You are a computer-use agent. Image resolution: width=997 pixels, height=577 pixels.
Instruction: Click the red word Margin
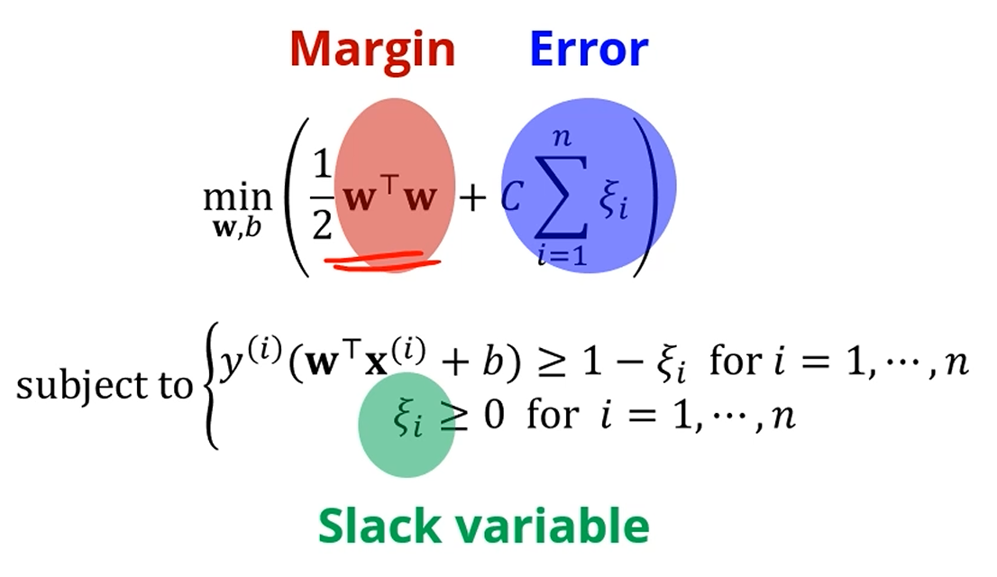pyautogui.click(x=372, y=50)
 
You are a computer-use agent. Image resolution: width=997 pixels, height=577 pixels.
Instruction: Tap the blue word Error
pyautogui.click(x=589, y=50)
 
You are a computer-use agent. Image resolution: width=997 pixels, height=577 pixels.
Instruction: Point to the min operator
pyautogui.click(x=237, y=196)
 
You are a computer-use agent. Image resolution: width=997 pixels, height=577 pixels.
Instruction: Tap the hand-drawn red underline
pyautogui.click(x=383, y=262)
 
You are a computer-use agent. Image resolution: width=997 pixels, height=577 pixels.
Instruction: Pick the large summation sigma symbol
pyautogui.click(x=561, y=196)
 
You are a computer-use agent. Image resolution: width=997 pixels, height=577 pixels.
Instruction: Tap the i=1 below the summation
pyautogui.click(x=562, y=255)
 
